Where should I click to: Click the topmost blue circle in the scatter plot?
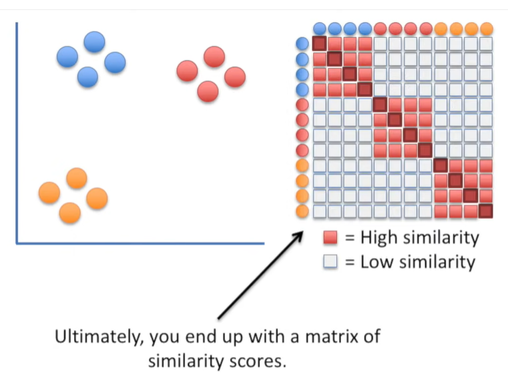pos(94,42)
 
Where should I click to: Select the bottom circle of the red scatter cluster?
pos(208,91)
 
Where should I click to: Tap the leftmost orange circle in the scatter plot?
pos(49,192)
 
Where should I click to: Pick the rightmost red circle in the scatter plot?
pos(235,77)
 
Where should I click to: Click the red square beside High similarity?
pos(330,238)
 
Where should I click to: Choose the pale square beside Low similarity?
pos(330,261)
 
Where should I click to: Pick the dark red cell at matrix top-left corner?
pos(319,44)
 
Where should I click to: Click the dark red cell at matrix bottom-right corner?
pos(485,211)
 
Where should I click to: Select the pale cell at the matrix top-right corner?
pos(485,44)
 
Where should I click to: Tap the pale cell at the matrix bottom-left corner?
pos(319,211)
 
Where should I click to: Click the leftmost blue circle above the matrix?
pos(320,29)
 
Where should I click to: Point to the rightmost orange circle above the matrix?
pos(486,29)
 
